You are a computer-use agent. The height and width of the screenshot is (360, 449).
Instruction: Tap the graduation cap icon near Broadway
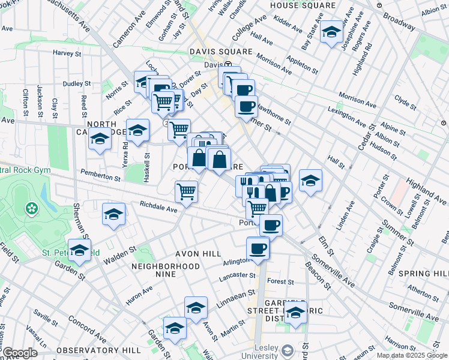click(331, 32)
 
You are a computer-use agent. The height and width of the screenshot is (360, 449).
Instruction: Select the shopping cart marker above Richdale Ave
click(187, 192)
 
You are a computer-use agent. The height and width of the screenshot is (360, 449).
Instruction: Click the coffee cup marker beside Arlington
click(258, 248)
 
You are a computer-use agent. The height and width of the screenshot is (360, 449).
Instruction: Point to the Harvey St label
click(67, 53)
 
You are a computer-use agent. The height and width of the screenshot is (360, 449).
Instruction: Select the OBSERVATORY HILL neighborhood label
click(97, 350)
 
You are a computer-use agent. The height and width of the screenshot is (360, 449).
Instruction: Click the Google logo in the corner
click(20, 353)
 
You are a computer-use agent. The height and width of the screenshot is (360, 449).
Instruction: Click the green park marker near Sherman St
click(30, 209)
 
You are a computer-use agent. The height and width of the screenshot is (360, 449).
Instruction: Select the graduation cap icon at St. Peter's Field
click(79, 251)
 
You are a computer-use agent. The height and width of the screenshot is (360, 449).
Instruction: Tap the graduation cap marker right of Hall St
click(310, 180)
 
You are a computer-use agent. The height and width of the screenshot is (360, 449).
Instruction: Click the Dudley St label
click(76, 84)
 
